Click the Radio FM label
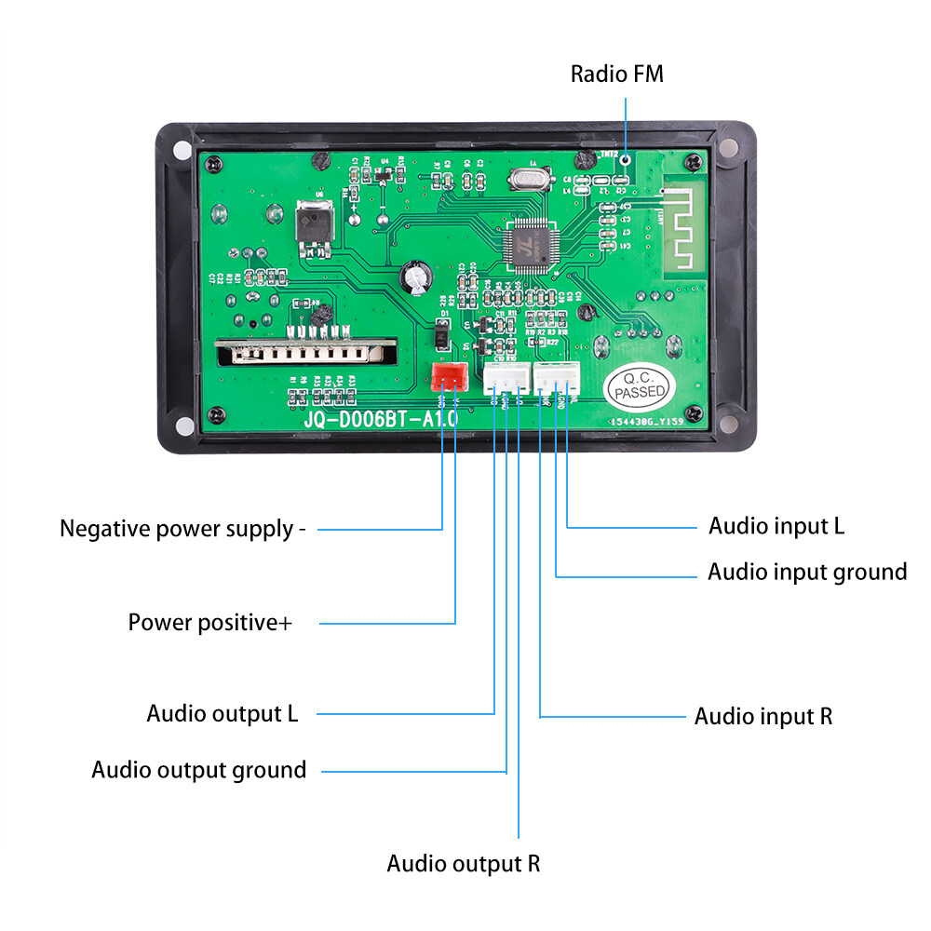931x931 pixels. click(x=617, y=74)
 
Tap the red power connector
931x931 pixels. click(x=449, y=377)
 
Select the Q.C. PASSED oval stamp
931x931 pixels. click(x=640, y=385)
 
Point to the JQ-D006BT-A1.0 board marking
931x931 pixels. click(x=380, y=420)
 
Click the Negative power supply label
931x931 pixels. click(x=182, y=530)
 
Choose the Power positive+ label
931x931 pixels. click(x=209, y=622)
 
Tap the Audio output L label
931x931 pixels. click(x=222, y=714)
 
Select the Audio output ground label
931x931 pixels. click(x=198, y=771)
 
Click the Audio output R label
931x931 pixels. click(x=463, y=863)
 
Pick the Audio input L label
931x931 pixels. click(x=776, y=526)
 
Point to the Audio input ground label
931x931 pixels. click(x=807, y=572)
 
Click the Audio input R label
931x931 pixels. click(x=763, y=716)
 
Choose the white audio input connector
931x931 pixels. click(x=556, y=378)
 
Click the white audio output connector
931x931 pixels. click(x=505, y=378)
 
